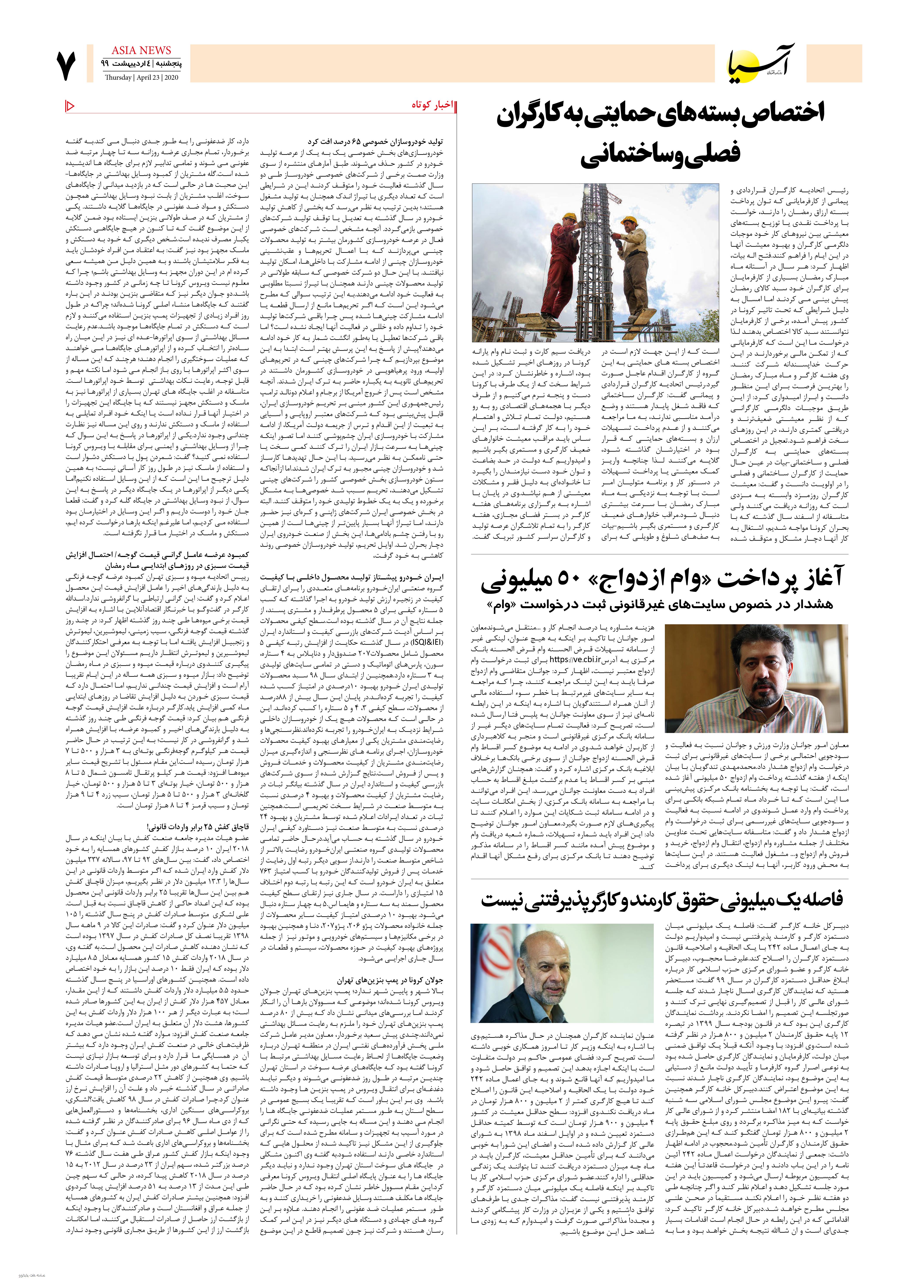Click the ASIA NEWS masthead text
141,51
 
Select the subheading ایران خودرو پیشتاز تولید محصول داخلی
352,577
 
